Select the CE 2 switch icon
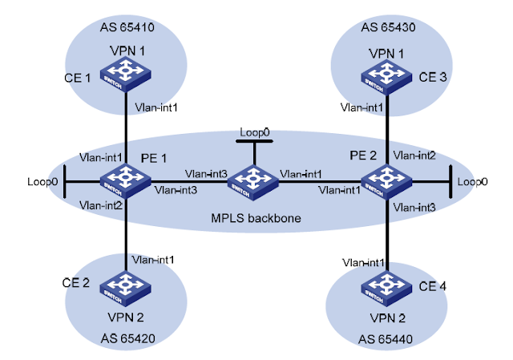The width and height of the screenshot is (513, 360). (126, 284)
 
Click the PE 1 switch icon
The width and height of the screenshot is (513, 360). (126, 180)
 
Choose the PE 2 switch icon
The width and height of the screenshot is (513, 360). (388, 180)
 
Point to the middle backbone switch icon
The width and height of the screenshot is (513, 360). (256, 180)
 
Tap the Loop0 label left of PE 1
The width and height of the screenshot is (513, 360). (41, 182)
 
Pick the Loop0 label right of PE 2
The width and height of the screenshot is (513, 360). (473, 182)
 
